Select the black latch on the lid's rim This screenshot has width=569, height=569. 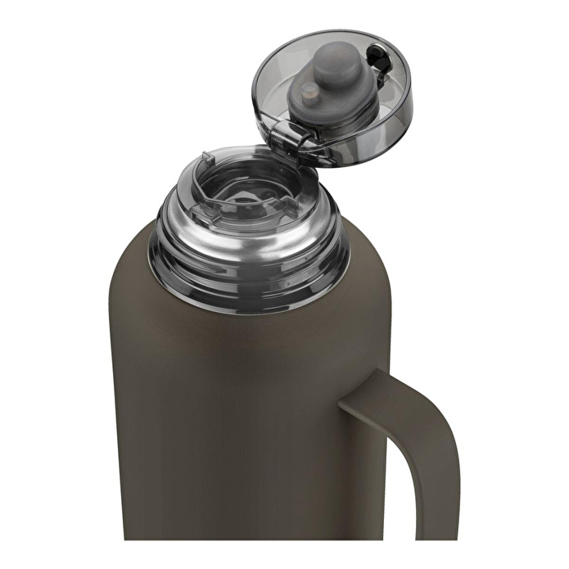pyautogui.click(x=377, y=58)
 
